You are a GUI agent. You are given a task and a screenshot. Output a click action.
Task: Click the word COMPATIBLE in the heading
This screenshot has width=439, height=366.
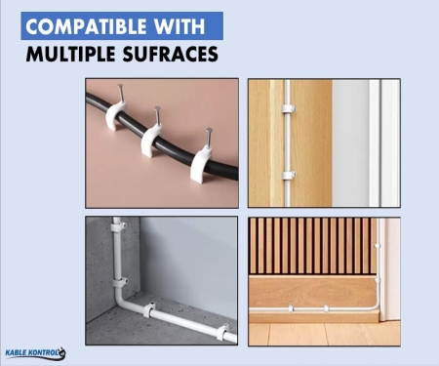[86, 26]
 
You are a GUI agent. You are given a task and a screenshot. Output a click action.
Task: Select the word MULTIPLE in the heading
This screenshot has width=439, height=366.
[70, 54]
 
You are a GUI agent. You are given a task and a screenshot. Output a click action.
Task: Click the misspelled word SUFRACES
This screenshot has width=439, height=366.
[171, 54]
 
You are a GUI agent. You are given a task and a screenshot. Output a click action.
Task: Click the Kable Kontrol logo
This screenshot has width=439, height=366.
[35, 353]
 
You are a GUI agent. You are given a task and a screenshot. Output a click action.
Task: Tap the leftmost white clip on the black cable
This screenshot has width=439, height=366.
[115, 115]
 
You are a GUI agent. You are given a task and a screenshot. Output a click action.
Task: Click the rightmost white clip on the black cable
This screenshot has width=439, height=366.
[201, 164]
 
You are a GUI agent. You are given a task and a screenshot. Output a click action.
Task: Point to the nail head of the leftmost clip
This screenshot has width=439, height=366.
[121, 86]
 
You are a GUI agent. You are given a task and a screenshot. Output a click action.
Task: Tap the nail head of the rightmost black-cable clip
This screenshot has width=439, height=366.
[209, 131]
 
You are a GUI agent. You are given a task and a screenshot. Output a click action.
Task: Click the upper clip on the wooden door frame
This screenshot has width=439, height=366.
[288, 108]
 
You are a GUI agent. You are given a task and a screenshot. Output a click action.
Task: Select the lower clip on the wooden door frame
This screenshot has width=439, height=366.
[289, 175]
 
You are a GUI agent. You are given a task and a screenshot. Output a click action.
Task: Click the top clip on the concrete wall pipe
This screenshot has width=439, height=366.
[118, 226]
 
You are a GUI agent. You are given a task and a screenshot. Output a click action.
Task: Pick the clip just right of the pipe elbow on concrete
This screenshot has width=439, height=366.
[149, 309]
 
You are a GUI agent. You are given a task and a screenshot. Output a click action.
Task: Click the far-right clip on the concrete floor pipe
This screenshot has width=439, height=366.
[222, 332]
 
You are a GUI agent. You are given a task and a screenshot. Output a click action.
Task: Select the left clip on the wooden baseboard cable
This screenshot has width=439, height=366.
[291, 307]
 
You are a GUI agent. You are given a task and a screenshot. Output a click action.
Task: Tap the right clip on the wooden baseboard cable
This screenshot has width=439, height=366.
[326, 307]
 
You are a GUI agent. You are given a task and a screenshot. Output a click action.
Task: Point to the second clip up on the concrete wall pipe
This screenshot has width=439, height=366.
[118, 282]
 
